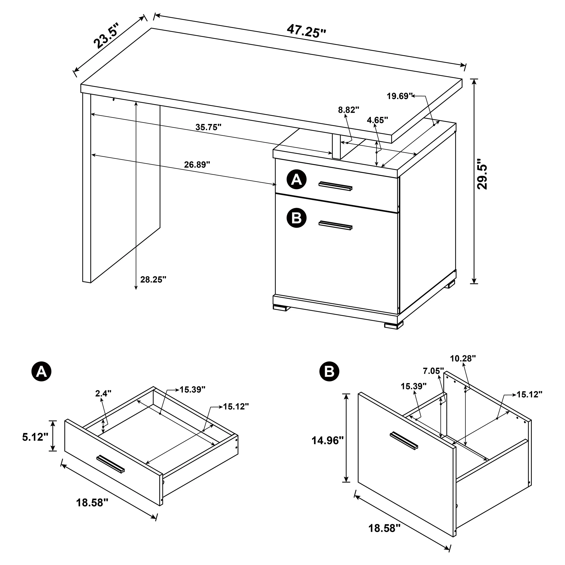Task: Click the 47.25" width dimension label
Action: (x=306, y=31)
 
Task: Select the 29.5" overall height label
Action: (x=482, y=175)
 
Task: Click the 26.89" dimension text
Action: (x=197, y=165)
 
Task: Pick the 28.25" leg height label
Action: (x=153, y=280)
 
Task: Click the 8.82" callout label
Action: (x=348, y=110)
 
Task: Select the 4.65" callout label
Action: (x=377, y=120)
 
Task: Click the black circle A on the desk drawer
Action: (x=297, y=179)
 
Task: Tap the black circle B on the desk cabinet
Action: (x=297, y=218)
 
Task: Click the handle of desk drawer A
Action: (x=335, y=186)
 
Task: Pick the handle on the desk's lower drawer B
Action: (x=335, y=225)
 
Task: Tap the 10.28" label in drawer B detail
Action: (x=463, y=358)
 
